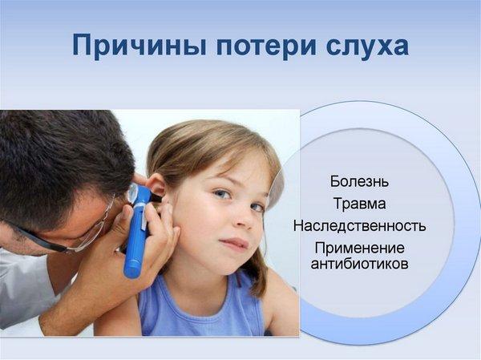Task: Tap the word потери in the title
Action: tap(265, 46)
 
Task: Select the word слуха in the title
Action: tap(367, 46)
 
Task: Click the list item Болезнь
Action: tap(359, 182)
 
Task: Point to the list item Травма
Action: tap(359, 204)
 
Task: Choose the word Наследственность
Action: tap(359, 226)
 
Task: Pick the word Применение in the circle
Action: tap(359, 248)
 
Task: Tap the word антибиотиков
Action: tap(359, 264)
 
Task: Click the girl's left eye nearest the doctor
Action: tap(222, 194)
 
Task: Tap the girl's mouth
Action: tap(235, 244)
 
